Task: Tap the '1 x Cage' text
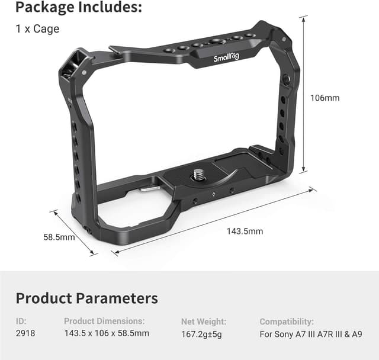[x=37, y=28]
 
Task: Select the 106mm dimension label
[x=325, y=98]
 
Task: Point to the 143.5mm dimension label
[x=245, y=231]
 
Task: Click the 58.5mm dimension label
[x=59, y=237]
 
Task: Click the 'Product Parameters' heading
[x=86, y=298]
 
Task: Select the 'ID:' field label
[x=21, y=322]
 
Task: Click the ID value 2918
[x=25, y=334]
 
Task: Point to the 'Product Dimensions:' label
[x=104, y=322]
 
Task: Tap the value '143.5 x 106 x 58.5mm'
[x=107, y=334]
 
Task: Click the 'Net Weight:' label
[x=203, y=322]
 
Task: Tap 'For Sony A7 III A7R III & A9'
[x=311, y=334]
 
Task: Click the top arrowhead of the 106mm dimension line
[x=304, y=18]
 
